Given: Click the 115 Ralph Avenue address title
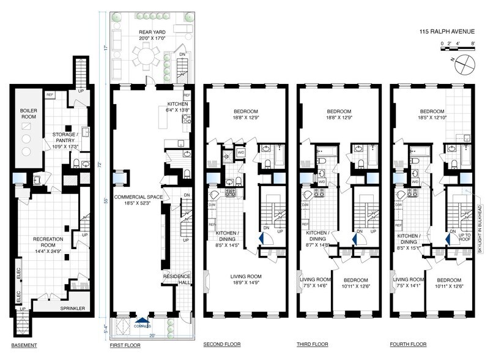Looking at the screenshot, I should pos(449,31).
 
